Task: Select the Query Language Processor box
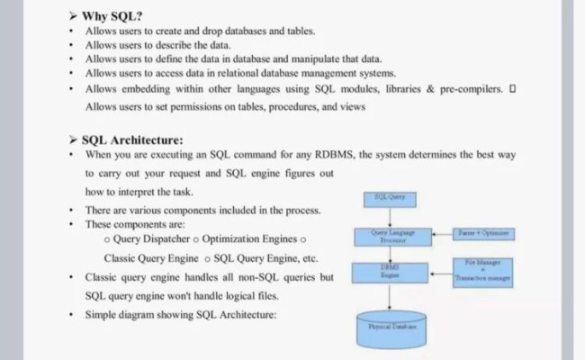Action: click(389, 237)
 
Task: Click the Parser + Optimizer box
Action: click(484, 233)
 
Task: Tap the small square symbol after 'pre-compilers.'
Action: click(512, 88)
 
